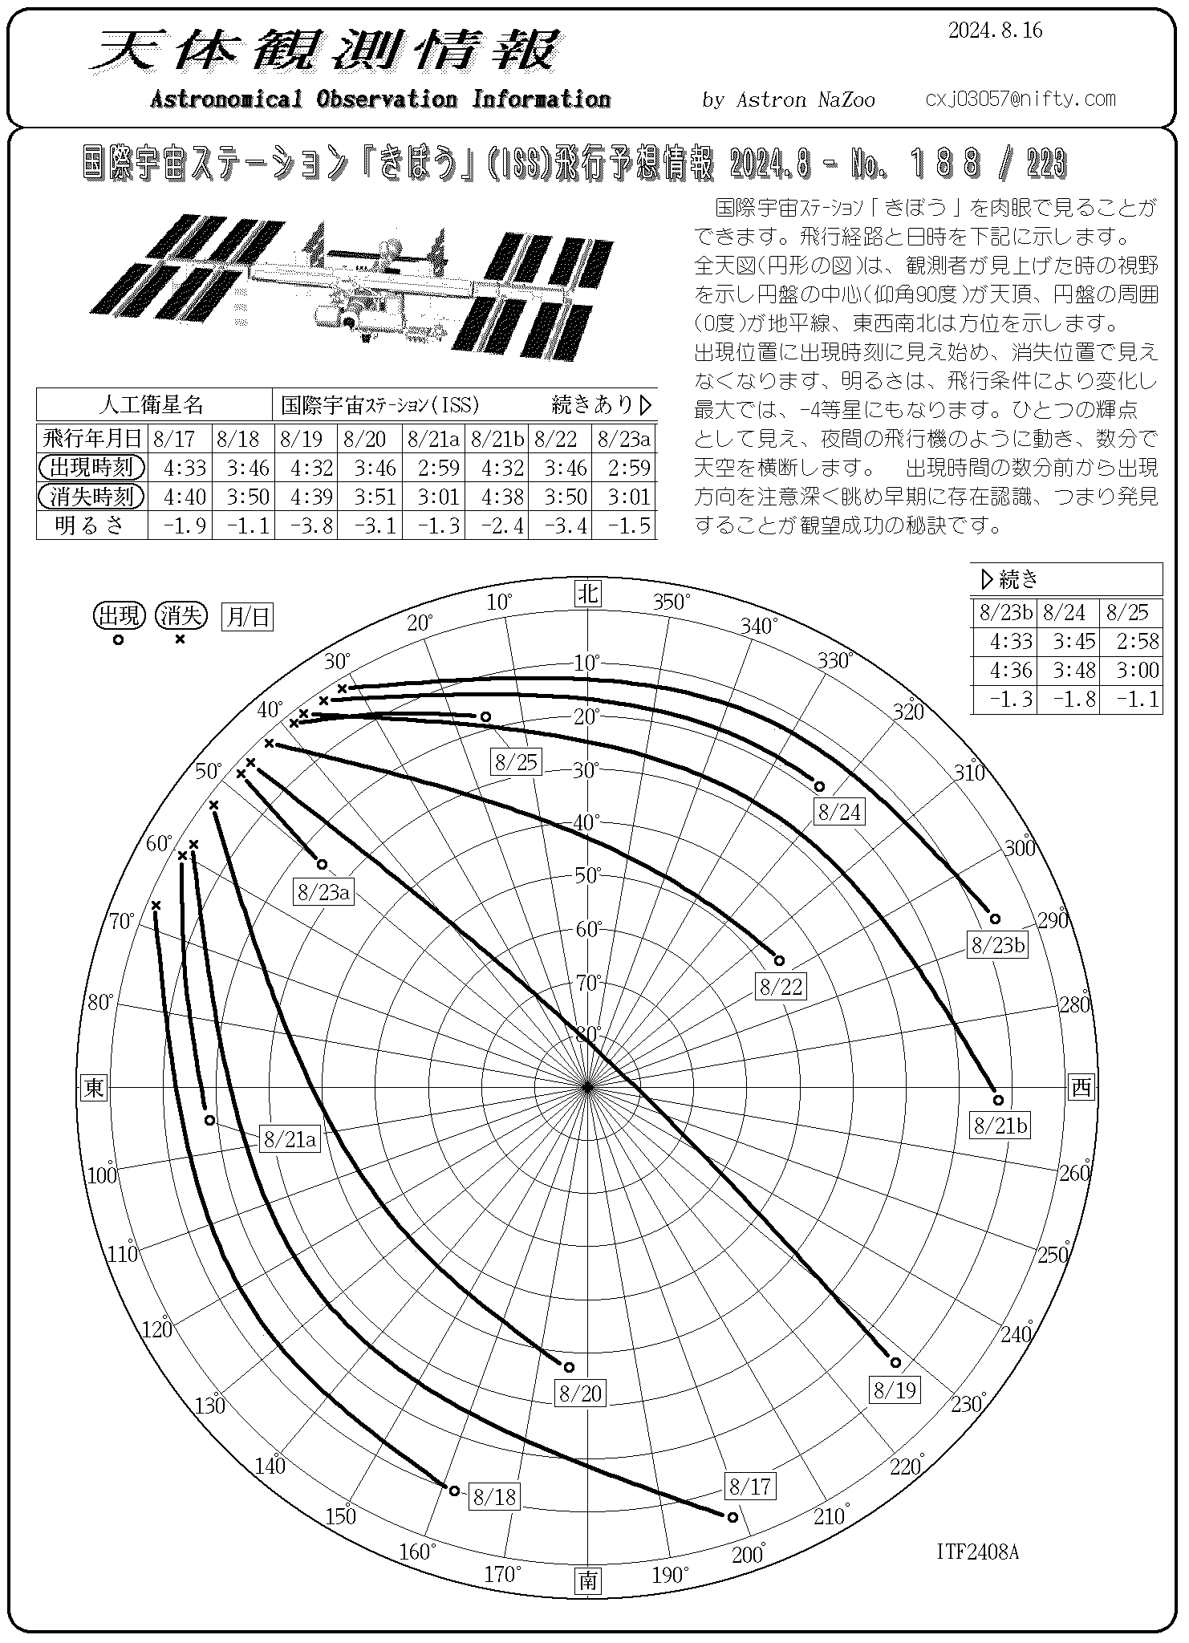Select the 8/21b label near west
[1000, 1126]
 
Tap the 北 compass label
[589, 593]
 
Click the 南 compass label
[589, 1580]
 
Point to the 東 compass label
[95, 1088]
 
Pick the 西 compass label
[1082, 1088]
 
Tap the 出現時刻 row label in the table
[91, 468]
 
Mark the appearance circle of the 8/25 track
[485, 716]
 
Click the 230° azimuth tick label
[968, 1404]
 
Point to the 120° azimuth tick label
[157, 1329]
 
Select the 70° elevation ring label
[589, 982]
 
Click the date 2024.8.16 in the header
[995, 30]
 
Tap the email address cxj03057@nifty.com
[1020, 99]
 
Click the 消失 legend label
[181, 616]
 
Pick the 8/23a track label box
[323, 891]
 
